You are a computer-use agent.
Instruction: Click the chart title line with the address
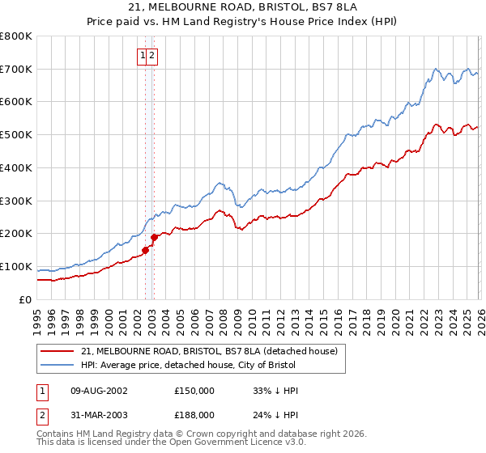coord(243,7)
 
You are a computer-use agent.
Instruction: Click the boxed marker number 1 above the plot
coord(143,55)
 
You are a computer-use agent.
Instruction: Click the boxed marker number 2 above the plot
coord(152,55)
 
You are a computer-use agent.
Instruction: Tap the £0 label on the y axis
coord(24,299)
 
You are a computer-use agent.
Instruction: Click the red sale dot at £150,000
coord(146,250)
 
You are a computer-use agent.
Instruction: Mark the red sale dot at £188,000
coord(155,237)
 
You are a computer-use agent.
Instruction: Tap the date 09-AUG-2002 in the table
coord(99,391)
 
